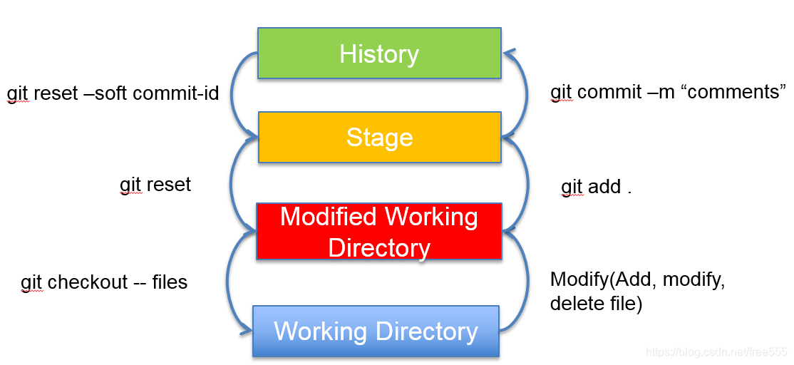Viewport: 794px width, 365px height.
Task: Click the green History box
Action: coord(379,53)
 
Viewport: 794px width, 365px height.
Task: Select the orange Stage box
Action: coord(379,137)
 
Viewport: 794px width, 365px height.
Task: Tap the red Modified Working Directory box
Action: coord(379,232)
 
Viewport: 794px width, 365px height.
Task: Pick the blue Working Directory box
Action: coord(376,331)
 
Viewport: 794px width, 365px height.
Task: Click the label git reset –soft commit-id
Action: coord(113,94)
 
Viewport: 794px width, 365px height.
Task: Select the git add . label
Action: coord(597,187)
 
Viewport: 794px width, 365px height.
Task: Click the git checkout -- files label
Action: coord(104,282)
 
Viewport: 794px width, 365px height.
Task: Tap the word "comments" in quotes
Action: coord(733,92)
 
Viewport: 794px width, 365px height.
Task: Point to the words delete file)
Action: coord(596,304)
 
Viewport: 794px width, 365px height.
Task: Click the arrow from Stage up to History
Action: coord(525,93)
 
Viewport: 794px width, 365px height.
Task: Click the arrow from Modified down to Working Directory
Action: coord(228,282)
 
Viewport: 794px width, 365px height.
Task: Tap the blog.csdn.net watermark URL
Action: coord(716,352)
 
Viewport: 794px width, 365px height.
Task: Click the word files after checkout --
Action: coord(170,282)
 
